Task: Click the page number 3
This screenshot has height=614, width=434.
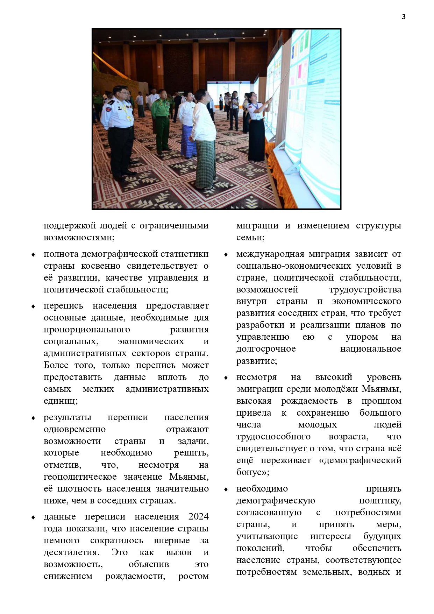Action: coord(404,17)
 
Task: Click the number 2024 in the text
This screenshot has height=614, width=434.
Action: coord(198,517)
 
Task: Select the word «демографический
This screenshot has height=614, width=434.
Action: coord(360,460)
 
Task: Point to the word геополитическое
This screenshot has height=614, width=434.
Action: coord(80,477)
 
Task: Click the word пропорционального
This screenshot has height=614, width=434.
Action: coord(87,330)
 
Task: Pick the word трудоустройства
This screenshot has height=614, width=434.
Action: coord(365,290)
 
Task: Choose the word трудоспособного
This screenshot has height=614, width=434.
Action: coord(273,437)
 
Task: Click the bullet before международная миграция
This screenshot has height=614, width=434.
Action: coord(226,255)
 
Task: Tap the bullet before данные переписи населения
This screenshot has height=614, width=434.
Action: coord(33,517)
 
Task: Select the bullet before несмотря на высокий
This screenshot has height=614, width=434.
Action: coord(226,378)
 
